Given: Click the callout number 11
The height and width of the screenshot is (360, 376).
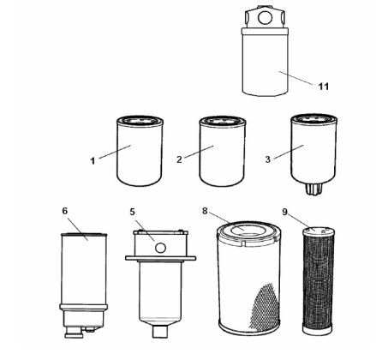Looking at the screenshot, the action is click(x=324, y=87).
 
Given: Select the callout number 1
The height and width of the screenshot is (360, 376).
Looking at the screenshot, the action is click(x=93, y=161).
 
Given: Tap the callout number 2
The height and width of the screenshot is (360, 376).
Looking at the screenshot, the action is click(x=179, y=159).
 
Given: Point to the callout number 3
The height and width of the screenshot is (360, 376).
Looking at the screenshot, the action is click(x=267, y=159).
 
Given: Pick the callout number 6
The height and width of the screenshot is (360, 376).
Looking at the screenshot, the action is click(x=65, y=211).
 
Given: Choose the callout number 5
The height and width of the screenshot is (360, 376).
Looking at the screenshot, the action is click(x=132, y=212).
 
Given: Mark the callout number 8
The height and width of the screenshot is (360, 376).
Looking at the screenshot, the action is click(x=205, y=211).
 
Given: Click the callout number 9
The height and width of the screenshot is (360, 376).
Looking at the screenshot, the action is click(x=284, y=212).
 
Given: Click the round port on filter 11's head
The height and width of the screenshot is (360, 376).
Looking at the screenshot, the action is click(x=265, y=17).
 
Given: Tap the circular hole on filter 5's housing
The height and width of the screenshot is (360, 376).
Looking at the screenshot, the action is click(x=160, y=248).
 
